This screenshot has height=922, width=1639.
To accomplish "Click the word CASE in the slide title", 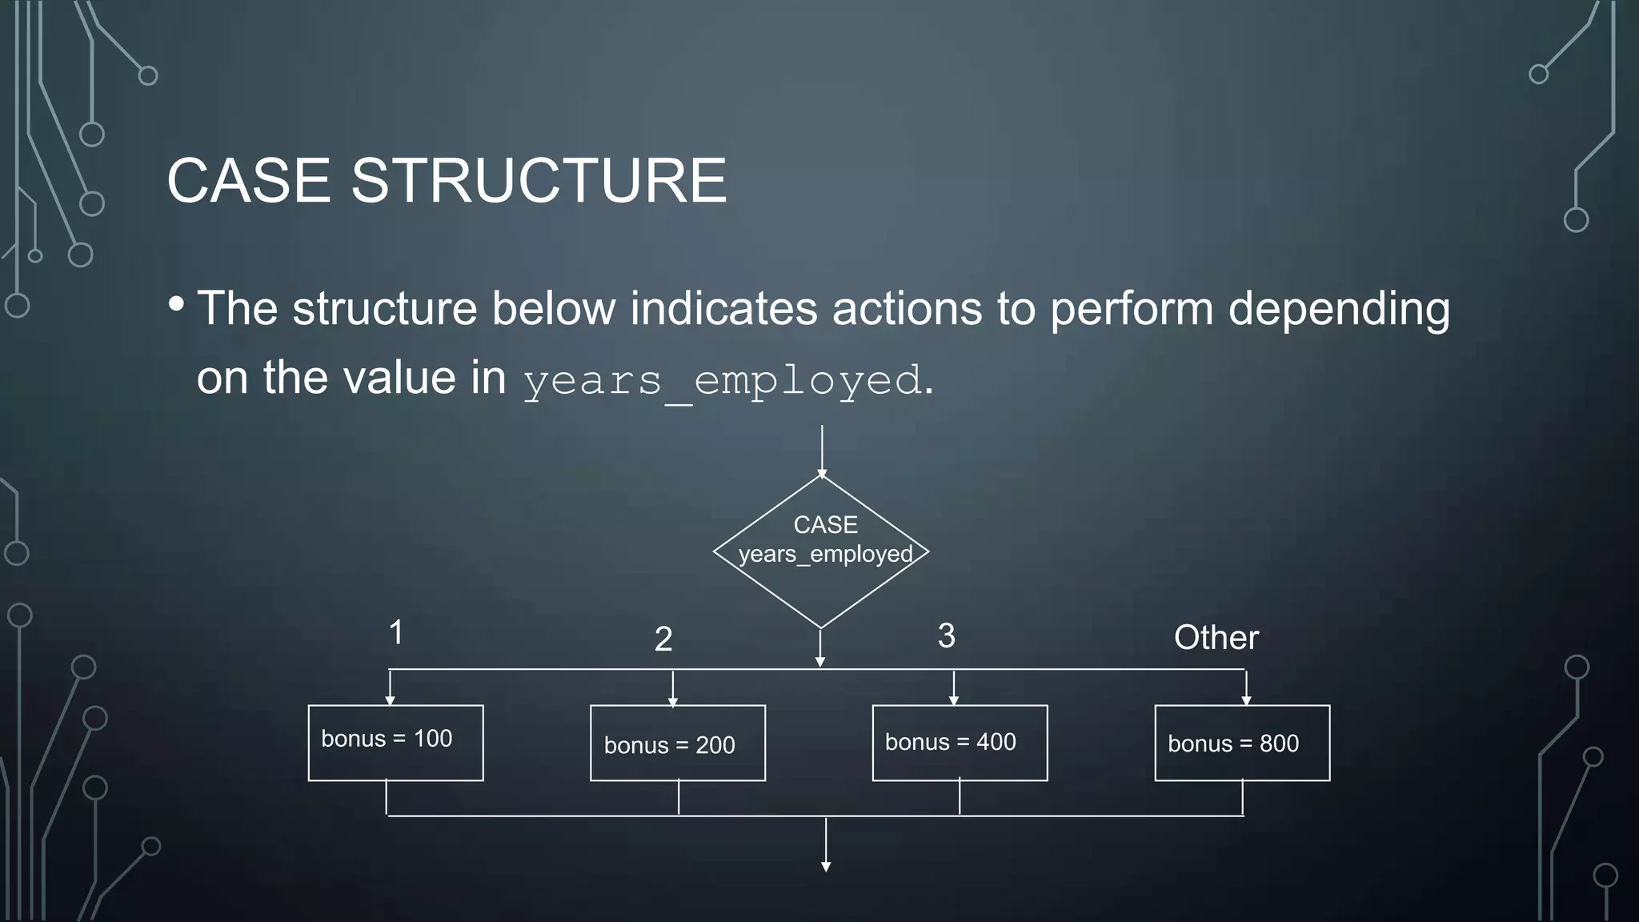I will coord(248,180).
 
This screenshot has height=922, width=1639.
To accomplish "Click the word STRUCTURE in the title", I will coord(538,180).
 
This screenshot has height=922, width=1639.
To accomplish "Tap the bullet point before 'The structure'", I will coord(177,304).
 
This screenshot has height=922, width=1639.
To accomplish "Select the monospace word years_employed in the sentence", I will coord(722,379).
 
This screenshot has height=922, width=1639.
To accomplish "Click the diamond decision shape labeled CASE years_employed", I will coord(821,552).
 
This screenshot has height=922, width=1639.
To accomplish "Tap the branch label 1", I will coord(395,632).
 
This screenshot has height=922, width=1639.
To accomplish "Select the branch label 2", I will coord(663,639).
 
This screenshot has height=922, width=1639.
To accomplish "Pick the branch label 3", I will coord(946,635).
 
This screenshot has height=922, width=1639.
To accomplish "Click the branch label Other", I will coord(1216,637).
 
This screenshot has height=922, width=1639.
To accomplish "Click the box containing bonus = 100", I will coord(395,742).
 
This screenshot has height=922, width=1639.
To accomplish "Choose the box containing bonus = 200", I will coord(677,743).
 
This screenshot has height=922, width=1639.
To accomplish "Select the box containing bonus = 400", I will coord(960,743).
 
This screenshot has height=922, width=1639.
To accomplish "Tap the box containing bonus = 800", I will coord(1242,743).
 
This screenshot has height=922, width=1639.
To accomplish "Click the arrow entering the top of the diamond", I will coord(822,452).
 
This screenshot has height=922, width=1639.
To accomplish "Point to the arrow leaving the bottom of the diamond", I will coord(820,648).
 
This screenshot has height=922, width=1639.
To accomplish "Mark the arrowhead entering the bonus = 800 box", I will coord(1246,700).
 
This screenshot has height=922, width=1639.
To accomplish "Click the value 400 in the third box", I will coord(996,742).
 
